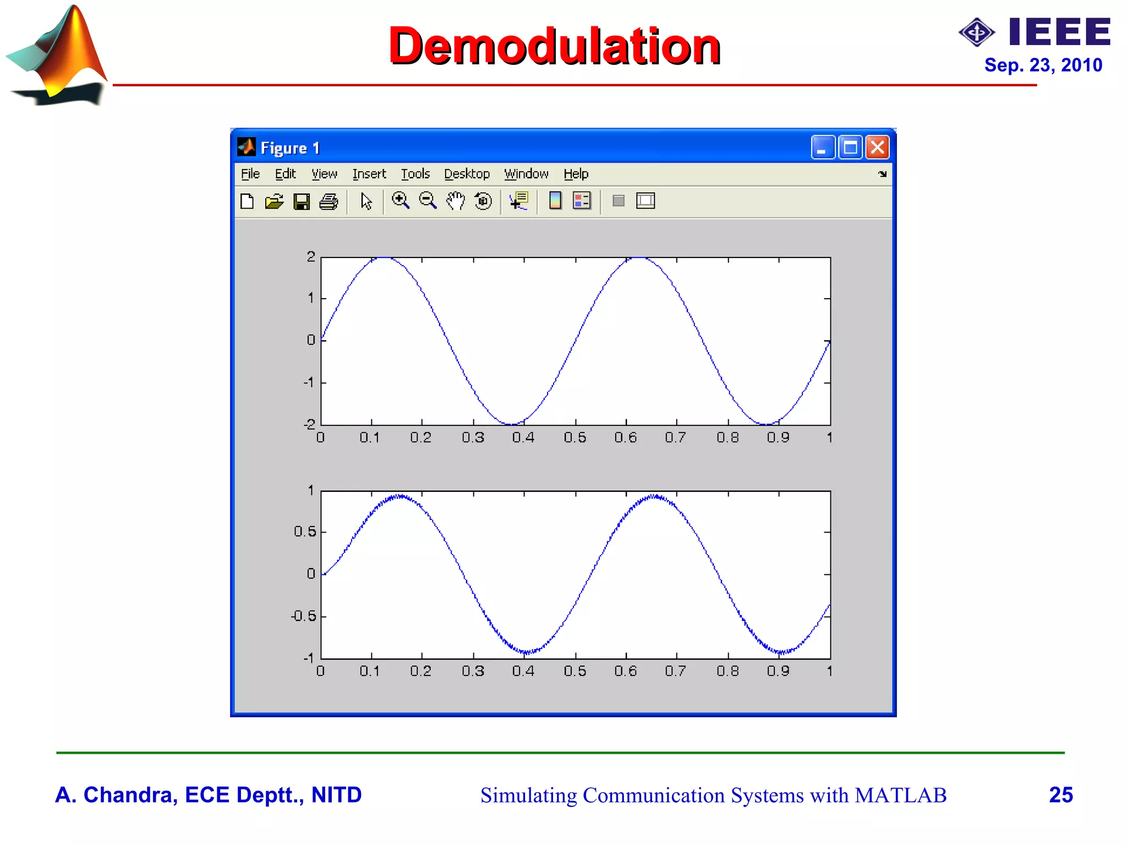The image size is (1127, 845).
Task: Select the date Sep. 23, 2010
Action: click(1043, 65)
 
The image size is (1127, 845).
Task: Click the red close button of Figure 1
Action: click(877, 147)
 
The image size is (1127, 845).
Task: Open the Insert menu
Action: click(369, 174)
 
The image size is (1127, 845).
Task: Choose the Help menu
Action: click(576, 174)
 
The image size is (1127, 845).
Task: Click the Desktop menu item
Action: click(467, 174)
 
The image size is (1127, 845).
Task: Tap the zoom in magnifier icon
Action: click(400, 201)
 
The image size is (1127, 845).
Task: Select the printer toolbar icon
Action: click(329, 201)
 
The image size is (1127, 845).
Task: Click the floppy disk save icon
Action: click(302, 201)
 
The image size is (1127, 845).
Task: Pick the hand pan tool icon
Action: click(455, 201)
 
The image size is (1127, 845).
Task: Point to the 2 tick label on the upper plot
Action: click(311, 256)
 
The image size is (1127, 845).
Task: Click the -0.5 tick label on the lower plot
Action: click(304, 616)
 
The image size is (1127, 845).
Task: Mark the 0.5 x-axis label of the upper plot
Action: click(575, 438)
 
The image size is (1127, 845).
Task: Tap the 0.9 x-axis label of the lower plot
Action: click(778, 671)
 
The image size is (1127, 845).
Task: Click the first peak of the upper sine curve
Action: click(384, 257)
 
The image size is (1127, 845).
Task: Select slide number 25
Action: click(1060, 795)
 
